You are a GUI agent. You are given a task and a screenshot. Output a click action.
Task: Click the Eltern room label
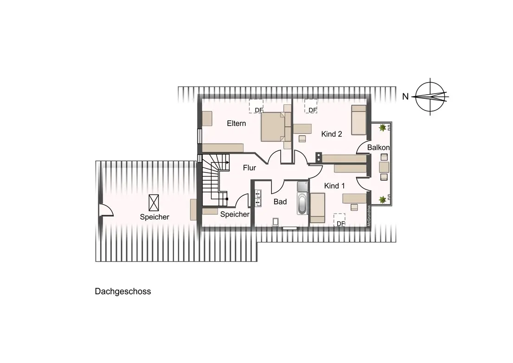(x=236, y=123)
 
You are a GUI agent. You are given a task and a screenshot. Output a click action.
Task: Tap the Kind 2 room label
(x=332, y=134)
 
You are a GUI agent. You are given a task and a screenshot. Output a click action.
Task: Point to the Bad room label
(x=280, y=202)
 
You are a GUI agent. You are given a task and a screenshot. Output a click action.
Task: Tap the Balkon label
(x=378, y=147)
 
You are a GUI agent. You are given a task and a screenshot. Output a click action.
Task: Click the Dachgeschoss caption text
(x=123, y=292)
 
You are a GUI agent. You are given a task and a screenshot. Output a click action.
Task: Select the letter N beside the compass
(x=405, y=97)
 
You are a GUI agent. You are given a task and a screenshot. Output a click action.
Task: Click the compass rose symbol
(x=430, y=97)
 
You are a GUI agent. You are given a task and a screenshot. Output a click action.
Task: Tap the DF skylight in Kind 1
(x=340, y=219)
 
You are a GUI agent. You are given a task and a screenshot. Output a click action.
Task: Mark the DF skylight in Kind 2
(x=311, y=106)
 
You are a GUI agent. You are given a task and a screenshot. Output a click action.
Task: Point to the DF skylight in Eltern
(x=256, y=106)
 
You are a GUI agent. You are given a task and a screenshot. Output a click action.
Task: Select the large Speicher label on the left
(x=154, y=217)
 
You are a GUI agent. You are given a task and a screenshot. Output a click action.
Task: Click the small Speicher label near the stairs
(x=235, y=214)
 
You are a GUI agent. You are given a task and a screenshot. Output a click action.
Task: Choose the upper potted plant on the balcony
(x=383, y=127)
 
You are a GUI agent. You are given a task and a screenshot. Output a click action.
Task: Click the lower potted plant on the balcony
(x=383, y=200)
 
